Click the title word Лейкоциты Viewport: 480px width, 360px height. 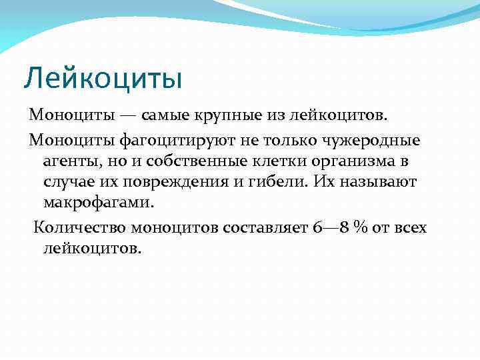103,78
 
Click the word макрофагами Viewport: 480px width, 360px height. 98,202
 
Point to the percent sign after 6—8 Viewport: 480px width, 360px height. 362,227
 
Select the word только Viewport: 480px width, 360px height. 293,141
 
